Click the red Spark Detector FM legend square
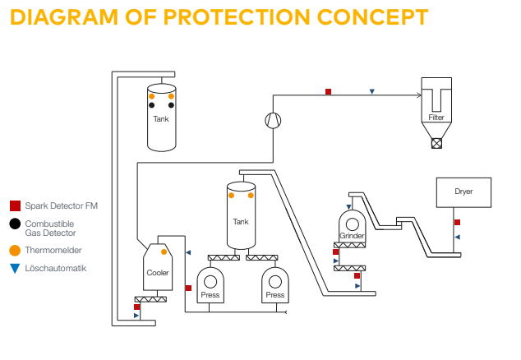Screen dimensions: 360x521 [15, 205]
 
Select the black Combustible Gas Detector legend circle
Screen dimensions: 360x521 [15, 224]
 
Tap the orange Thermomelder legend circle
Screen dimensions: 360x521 [15, 250]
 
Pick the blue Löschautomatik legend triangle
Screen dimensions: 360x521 [15, 268]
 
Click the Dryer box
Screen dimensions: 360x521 [464, 192]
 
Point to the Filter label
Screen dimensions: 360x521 [436, 118]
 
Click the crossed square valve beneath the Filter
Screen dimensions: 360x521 [436, 142]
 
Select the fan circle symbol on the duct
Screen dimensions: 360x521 [272, 120]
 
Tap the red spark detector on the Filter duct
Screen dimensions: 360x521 [328, 91]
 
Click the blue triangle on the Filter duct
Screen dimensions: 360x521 [372, 91]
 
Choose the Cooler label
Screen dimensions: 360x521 [157, 272]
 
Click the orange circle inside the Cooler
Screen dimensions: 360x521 [164, 252]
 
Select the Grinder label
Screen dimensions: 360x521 [352, 236]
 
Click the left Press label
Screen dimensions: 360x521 [210, 294]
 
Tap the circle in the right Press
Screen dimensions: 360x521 [274, 281]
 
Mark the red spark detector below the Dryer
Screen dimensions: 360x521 [457, 223]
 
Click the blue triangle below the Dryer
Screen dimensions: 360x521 [458, 237]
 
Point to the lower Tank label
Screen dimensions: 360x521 [240, 222]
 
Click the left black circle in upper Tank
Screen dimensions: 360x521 [151, 105]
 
